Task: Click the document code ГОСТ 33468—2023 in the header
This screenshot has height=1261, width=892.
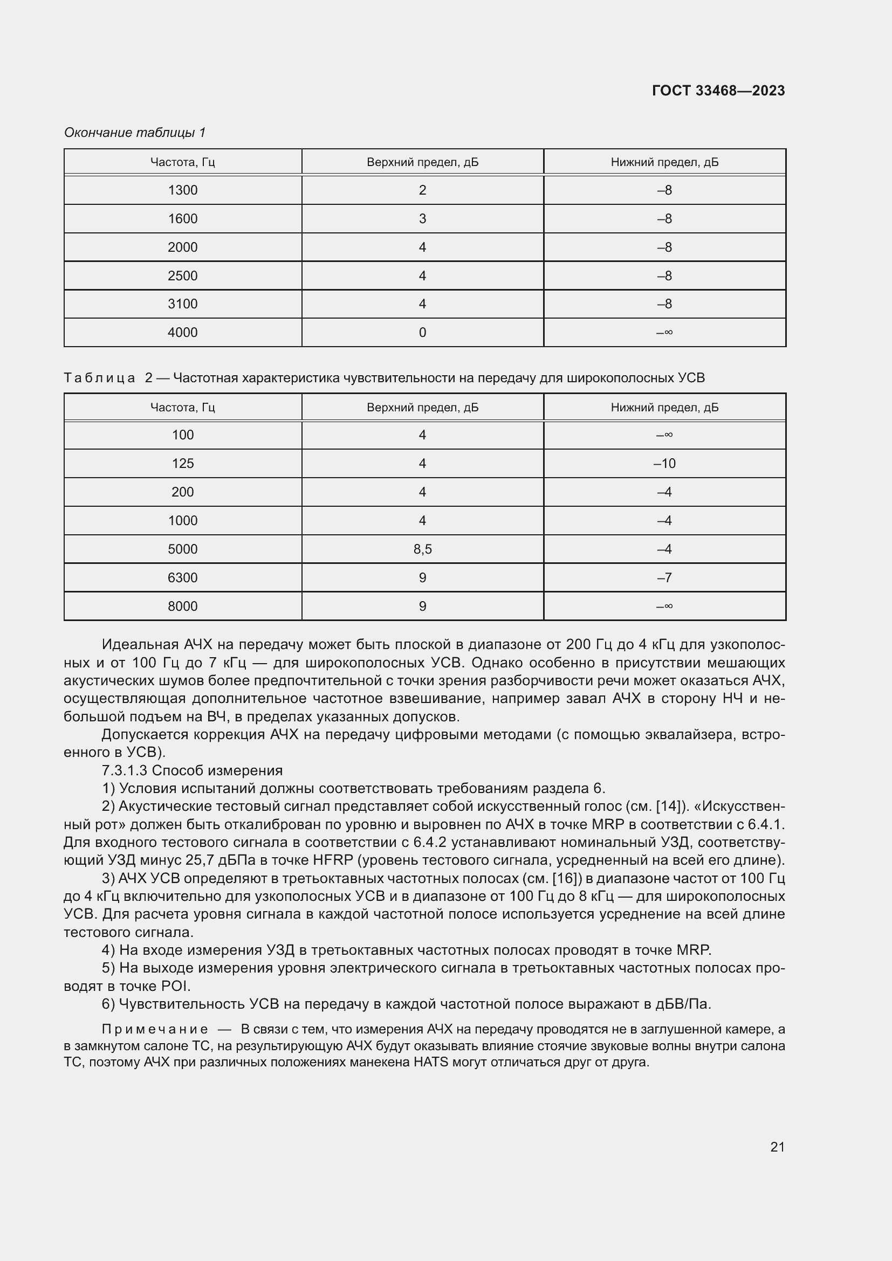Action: [x=718, y=91]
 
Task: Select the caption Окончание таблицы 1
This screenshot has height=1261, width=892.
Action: [x=135, y=133]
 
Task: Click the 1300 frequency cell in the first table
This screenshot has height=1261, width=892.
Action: [x=182, y=190]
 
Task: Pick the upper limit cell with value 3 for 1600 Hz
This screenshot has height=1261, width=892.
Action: [x=422, y=218]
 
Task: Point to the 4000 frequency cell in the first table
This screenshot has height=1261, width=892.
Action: [x=182, y=332]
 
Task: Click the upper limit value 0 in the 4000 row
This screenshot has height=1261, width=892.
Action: [x=422, y=332]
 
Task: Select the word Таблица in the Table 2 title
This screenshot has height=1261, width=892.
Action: [x=99, y=378]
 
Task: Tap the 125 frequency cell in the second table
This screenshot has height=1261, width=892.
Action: [x=182, y=464]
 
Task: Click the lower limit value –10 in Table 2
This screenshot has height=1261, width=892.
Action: [x=664, y=464]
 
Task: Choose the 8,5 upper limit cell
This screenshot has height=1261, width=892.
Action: [x=422, y=549]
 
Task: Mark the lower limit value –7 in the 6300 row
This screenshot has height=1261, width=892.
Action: [x=664, y=578]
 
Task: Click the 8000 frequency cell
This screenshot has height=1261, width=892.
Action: [x=182, y=607]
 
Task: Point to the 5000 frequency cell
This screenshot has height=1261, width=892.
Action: [x=182, y=549]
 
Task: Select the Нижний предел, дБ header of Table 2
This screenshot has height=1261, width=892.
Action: [x=664, y=408]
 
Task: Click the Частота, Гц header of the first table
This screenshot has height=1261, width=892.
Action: [x=182, y=162]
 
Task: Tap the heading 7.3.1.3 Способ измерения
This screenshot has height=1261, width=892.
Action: [x=192, y=770]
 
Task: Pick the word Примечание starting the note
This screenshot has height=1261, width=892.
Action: [x=155, y=1029]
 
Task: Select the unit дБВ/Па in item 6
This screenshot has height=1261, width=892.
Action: [x=683, y=1004]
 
